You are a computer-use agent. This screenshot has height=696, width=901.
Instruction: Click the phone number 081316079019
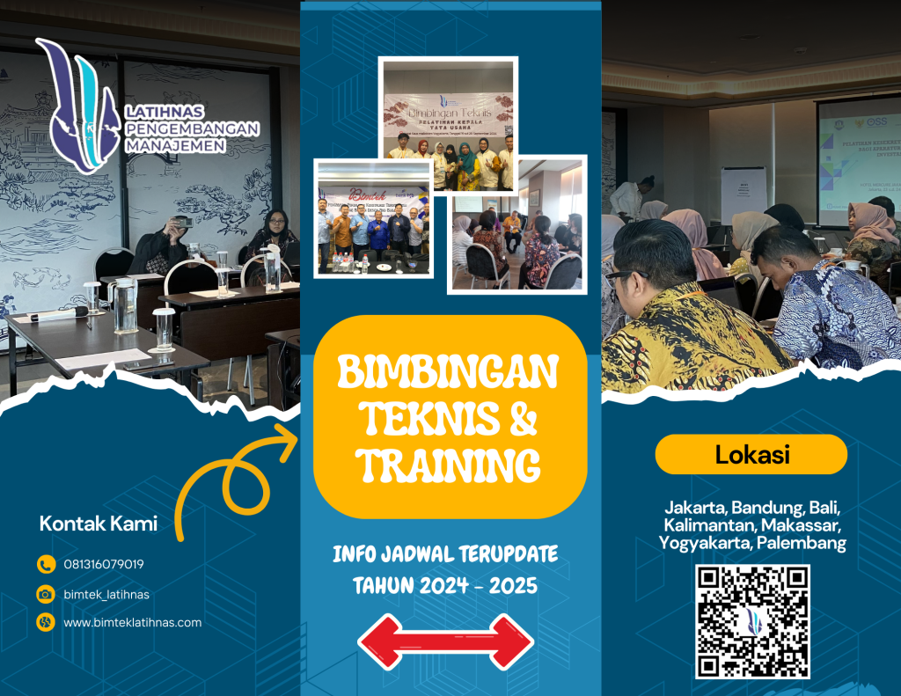pos(104,565)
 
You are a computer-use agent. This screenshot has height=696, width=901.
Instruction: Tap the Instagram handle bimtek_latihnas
pos(106,594)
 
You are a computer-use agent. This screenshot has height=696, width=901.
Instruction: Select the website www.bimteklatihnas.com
pos(133,623)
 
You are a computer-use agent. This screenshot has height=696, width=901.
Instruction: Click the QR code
pos(752,621)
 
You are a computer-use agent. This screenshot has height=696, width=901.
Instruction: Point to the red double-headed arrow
pos(445,641)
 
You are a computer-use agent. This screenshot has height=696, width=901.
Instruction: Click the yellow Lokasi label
pos(751,455)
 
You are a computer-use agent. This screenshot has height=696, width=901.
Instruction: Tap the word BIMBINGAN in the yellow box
pos(449,374)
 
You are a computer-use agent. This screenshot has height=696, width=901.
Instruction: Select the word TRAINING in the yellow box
pos(450,465)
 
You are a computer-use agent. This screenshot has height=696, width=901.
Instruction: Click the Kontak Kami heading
pos(99,524)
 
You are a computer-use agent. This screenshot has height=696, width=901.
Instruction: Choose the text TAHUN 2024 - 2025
pos(445,584)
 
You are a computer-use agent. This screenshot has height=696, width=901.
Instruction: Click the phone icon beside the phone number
pos(46,565)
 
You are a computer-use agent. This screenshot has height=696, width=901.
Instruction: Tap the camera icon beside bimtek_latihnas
pos(46,594)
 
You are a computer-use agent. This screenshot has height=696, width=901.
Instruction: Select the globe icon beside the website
pos(46,623)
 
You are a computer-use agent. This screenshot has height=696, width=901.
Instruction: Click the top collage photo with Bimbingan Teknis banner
pos(448,124)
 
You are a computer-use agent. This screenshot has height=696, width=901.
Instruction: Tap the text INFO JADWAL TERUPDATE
pos(445,554)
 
